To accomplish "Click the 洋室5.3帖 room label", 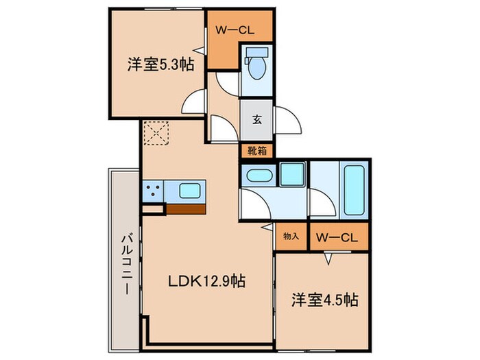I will tap(159, 65).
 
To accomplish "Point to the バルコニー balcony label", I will tap(126, 262).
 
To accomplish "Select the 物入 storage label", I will tap(291, 237).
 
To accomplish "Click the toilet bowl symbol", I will tap(258, 66).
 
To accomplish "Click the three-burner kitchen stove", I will tap(153, 190).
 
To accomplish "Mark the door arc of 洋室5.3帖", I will tap(194, 104).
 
